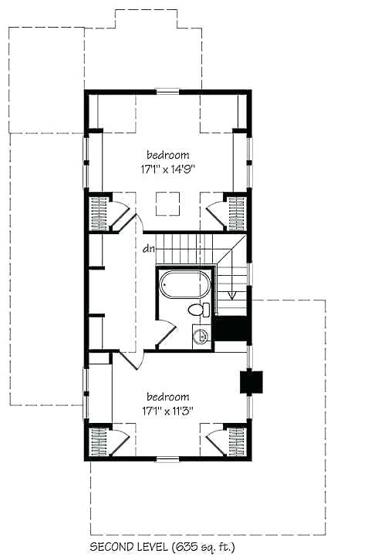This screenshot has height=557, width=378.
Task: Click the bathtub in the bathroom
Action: pyautogui.click(x=184, y=284)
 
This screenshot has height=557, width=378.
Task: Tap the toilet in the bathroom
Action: pyautogui.click(x=197, y=310)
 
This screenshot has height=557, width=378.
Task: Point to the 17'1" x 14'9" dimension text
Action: pyautogui.click(x=167, y=170)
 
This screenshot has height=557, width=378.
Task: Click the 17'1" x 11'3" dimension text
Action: pyautogui.click(x=167, y=410)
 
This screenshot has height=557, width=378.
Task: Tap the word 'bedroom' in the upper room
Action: pyautogui.click(x=167, y=155)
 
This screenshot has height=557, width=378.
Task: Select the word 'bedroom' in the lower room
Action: pyautogui.click(x=167, y=396)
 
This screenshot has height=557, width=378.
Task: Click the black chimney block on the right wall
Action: pyautogui.click(x=251, y=382)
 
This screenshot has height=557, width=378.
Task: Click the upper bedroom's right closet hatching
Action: pyautogui.click(x=236, y=211)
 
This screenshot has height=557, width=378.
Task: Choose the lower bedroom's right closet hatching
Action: pyautogui.click(x=236, y=442)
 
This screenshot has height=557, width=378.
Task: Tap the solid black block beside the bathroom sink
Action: pyautogui.click(x=231, y=329)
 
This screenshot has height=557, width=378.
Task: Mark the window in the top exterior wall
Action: pyautogui.click(x=167, y=92)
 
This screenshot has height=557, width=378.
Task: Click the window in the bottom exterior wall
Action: pyautogui.click(x=167, y=460)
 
